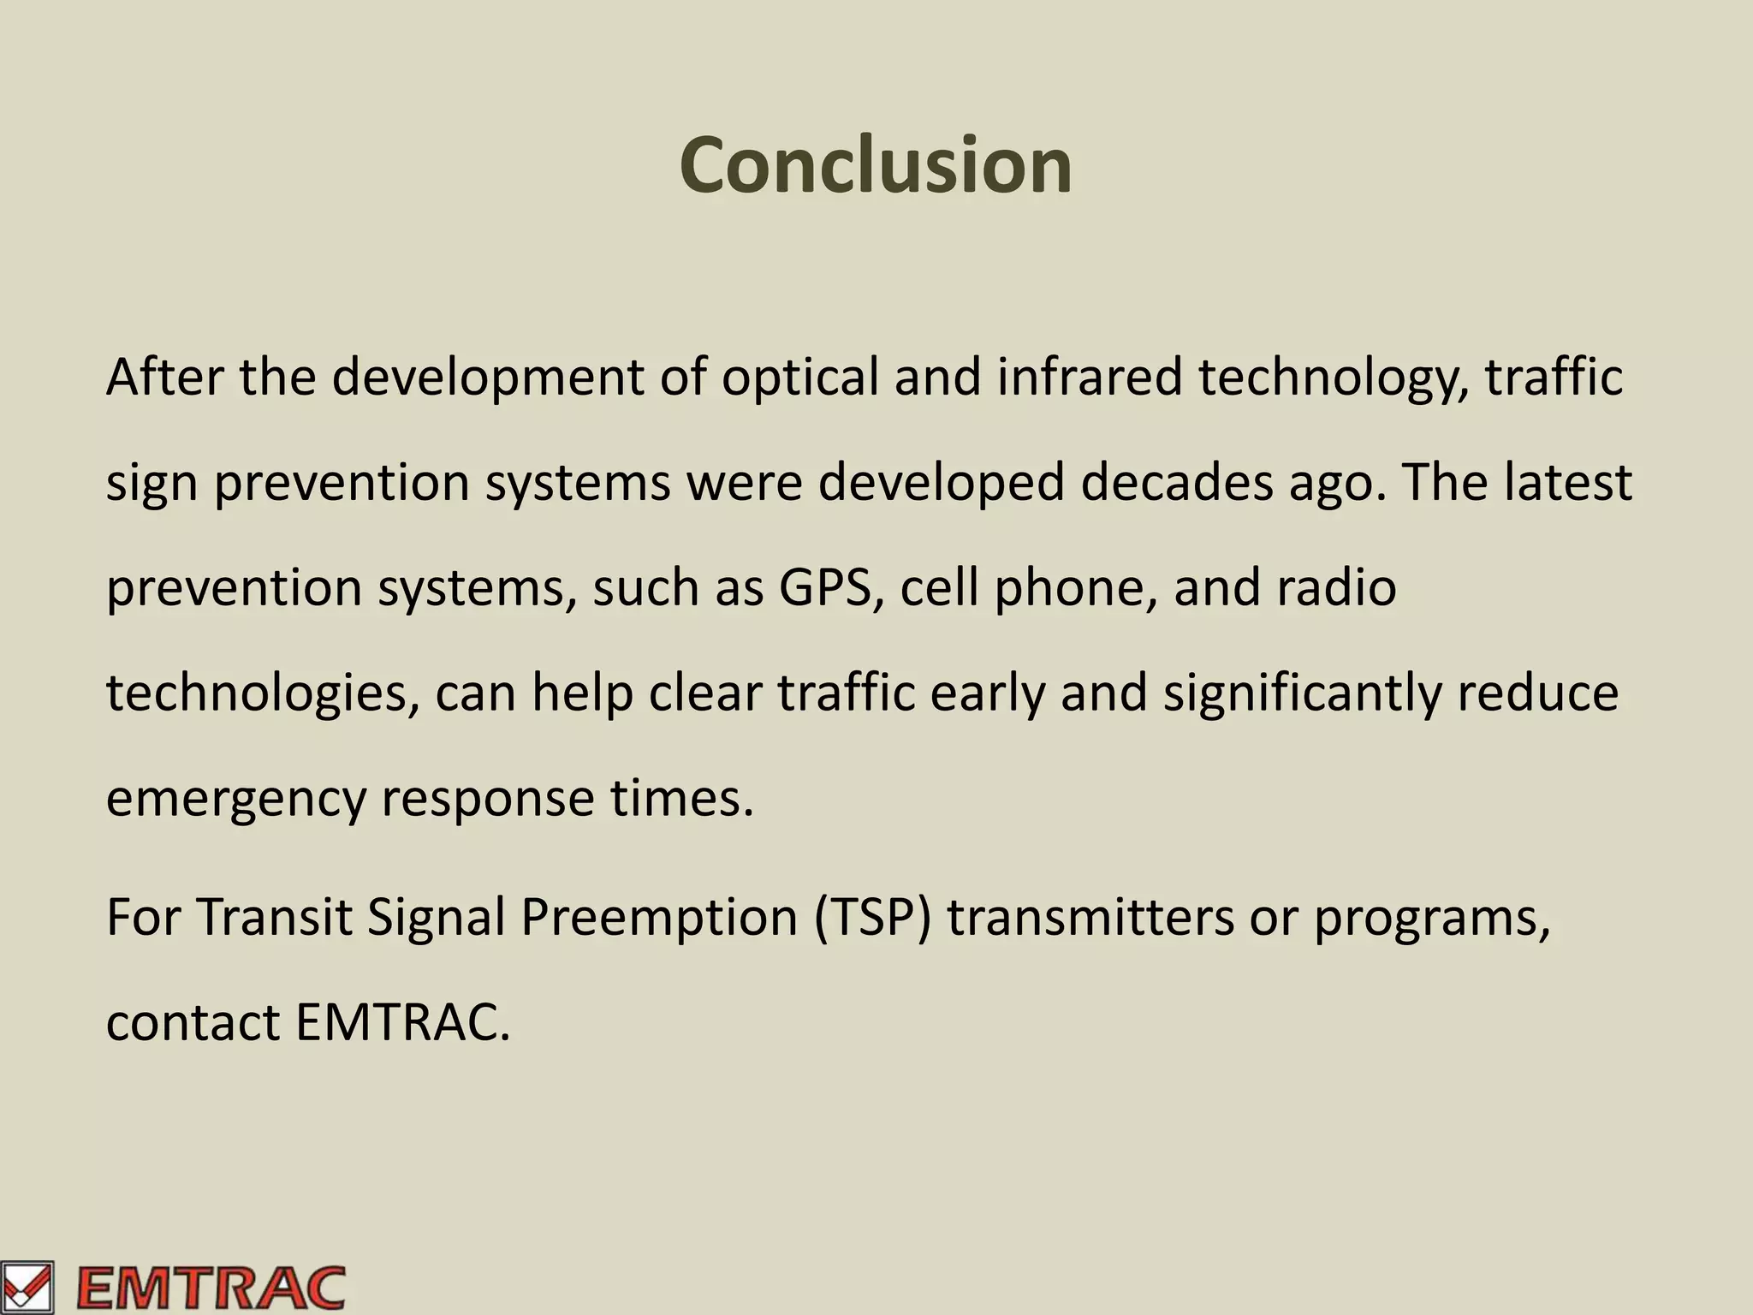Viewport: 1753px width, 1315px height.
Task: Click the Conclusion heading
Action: coord(875,165)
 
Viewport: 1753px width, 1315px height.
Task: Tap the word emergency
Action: coord(235,799)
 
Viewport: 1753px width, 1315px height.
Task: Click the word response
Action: coord(487,799)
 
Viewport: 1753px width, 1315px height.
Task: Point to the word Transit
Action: coord(274,917)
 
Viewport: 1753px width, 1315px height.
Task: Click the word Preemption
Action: coord(659,917)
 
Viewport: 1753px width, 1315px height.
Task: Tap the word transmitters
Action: coord(1090,917)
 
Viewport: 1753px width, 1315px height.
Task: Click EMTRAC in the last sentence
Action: coord(402,1022)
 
